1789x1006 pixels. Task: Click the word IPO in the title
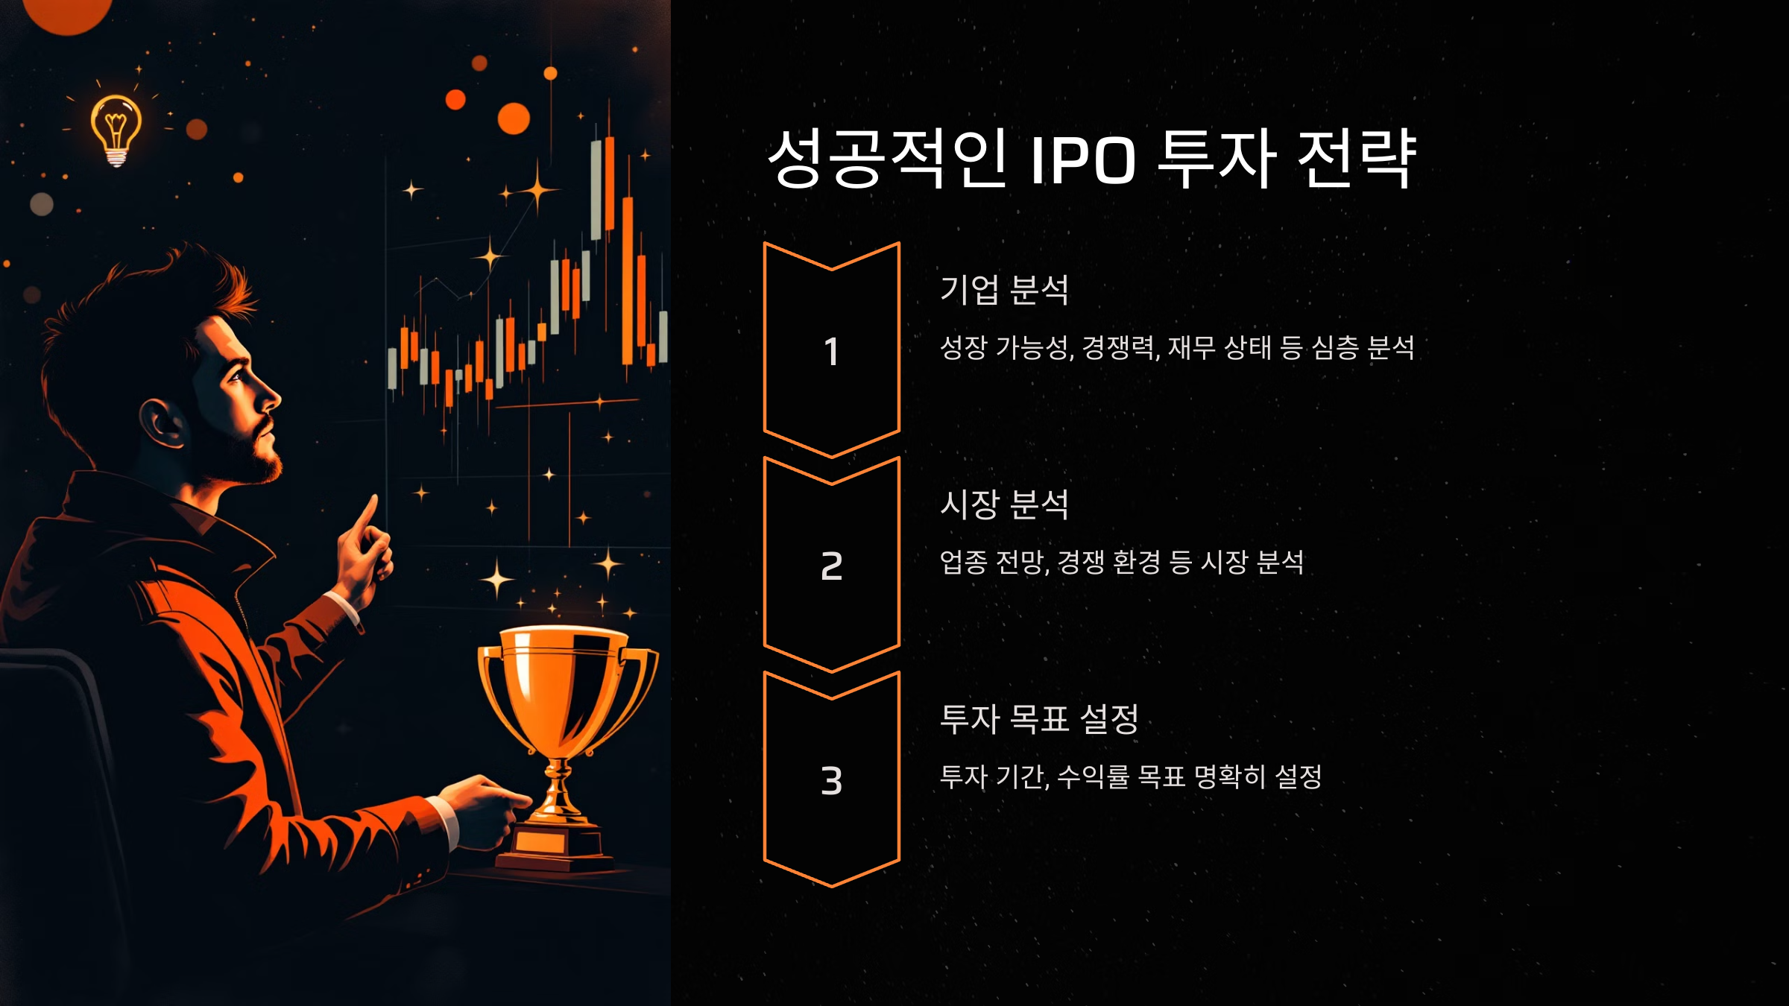[1082, 159]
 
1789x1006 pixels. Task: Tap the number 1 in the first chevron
[831, 352]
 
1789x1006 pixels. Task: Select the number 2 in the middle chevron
[831, 566]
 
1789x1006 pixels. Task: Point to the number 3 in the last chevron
[831, 781]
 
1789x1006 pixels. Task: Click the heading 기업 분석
[1004, 290]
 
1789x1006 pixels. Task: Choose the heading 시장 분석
[1004, 504]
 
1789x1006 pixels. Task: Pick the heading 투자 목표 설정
[1039, 719]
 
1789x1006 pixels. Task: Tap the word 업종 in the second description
[963, 562]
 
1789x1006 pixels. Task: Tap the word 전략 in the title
[1357, 159]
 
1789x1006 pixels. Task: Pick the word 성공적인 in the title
[887, 159]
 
